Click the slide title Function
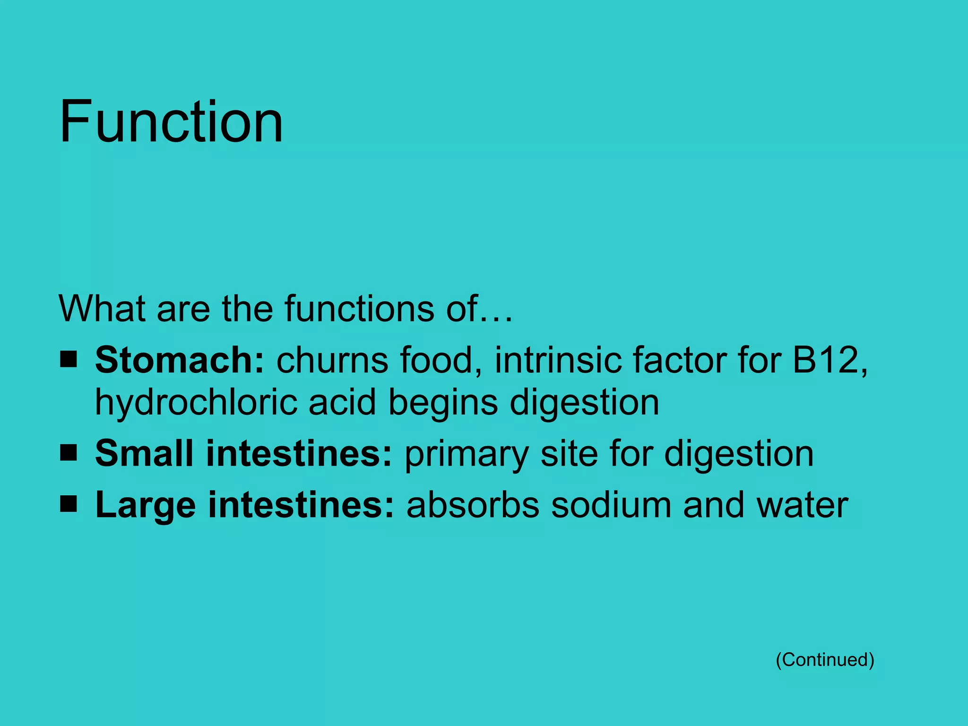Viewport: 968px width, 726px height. point(171,121)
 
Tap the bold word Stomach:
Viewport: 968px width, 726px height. point(179,360)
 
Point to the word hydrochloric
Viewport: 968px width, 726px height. point(196,403)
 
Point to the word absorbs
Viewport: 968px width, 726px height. point(472,505)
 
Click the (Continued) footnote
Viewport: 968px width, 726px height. point(825,659)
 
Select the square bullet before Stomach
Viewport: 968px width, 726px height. point(69,360)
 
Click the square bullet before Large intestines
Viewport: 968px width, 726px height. point(69,504)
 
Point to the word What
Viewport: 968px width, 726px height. point(102,309)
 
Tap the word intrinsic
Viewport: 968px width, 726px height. point(557,360)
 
